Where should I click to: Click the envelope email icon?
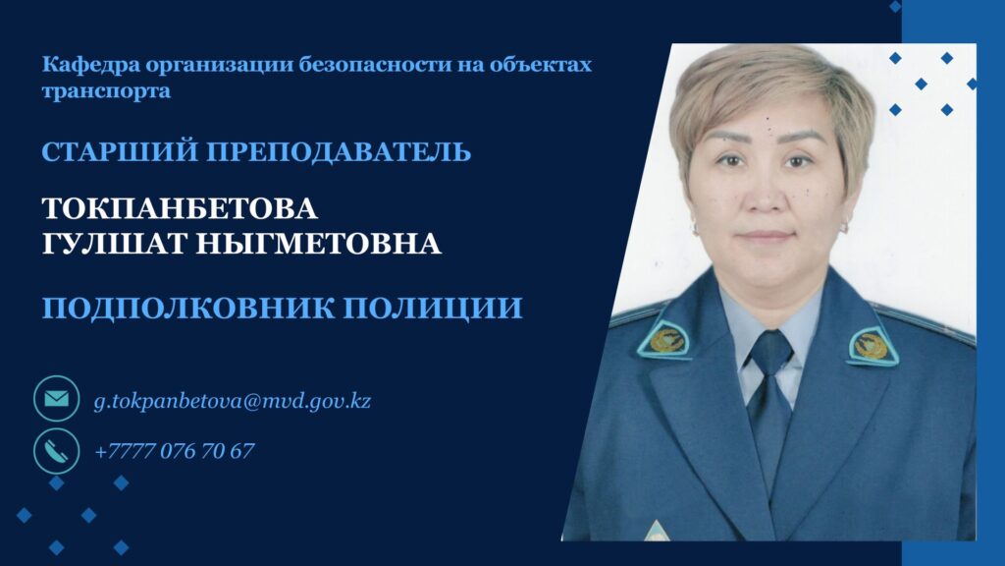coord(56,399)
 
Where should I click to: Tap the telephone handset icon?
coord(56,451)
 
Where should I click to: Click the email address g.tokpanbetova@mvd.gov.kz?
coord(232,401)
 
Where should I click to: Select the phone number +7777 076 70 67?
coord(175,450)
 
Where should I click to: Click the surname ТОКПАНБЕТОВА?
coord(180,208)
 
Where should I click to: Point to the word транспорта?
coord(106,90)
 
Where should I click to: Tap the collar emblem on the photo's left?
coord(665,339)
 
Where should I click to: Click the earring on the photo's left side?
coord(694,228)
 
